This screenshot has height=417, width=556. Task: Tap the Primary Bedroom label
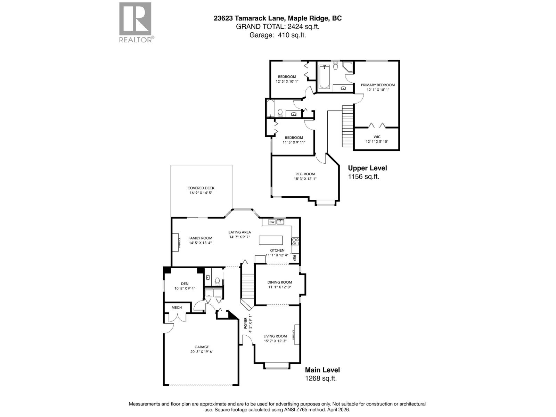pos(378,85)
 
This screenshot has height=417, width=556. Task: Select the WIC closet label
pos(377,137)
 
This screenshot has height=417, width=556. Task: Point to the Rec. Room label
pos(305,174)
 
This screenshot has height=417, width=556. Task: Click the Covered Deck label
pos(201,188)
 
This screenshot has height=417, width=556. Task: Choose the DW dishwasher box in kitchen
pos(272,222)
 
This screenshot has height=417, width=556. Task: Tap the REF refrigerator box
pos(294,258)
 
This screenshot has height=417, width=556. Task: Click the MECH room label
pos(177,308)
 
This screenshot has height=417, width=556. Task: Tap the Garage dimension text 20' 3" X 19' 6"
pos(202,352)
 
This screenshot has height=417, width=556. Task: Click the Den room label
pos(185,284)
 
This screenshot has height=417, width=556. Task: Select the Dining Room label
pos(279,282)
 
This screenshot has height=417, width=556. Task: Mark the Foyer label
pos(246,323)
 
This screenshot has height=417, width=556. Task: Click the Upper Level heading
pos(367,168)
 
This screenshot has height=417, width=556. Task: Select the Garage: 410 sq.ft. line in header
pos(278,35)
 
